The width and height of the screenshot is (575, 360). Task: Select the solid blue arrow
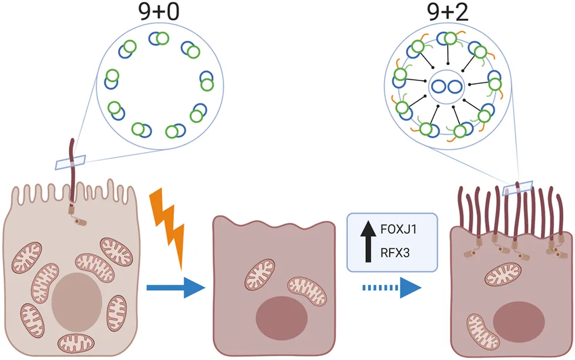click(x=175, y=287)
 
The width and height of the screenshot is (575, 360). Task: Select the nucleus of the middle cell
click(x=281, y=319)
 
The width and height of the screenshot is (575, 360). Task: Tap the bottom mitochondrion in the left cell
click(x=75, y=342)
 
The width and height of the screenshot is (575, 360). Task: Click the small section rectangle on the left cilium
click(x=70, y=162)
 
